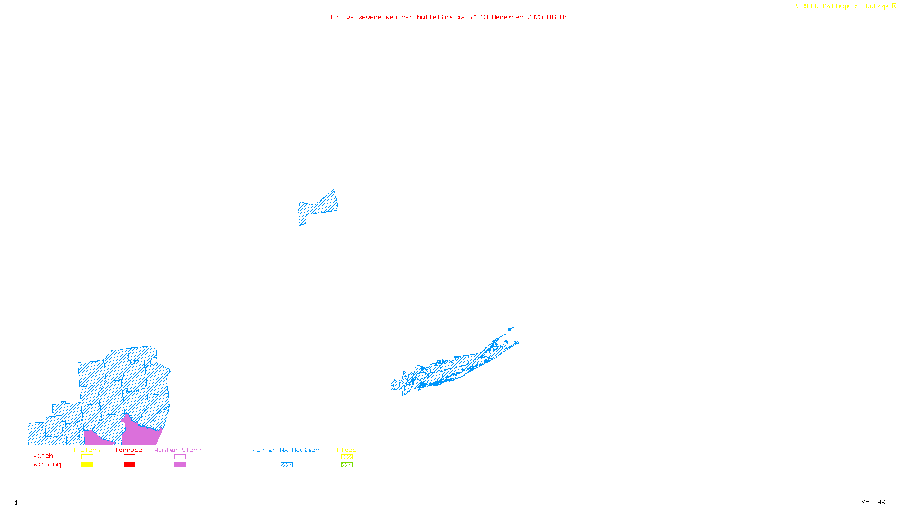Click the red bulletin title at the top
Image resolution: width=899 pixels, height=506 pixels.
448,17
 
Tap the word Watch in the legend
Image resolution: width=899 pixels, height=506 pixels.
43,455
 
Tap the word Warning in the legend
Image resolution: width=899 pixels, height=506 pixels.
47,464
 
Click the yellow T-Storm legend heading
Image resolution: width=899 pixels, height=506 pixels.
87,450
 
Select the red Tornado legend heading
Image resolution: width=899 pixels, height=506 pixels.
129,450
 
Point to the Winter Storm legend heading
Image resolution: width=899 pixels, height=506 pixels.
178,450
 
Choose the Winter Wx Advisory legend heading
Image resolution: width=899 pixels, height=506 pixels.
288,450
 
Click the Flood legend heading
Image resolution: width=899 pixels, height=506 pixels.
347,450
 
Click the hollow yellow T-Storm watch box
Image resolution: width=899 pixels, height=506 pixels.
87,457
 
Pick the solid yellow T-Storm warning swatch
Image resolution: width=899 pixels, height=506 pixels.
87,465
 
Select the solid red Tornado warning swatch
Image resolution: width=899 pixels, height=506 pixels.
129,465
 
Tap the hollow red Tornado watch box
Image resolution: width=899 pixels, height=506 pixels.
129,457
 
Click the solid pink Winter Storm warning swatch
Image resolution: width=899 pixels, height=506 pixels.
180,465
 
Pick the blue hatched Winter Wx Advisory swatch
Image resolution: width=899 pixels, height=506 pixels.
287,465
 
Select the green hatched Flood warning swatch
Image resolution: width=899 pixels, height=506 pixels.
347,465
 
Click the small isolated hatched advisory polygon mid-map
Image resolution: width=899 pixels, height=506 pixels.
318,207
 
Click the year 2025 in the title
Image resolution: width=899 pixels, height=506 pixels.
535,17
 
